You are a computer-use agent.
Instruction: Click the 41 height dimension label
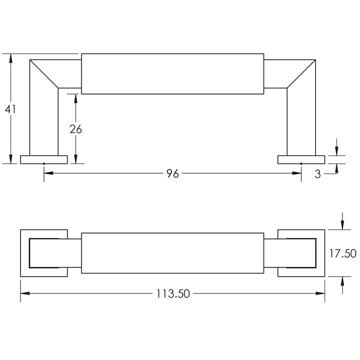10,109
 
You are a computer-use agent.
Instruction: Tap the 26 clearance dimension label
76,129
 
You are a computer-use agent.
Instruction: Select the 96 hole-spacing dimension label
172,174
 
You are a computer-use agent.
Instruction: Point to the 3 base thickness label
318,174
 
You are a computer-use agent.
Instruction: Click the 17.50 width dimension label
342,253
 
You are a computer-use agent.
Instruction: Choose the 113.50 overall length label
173,293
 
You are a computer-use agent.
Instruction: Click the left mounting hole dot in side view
44,163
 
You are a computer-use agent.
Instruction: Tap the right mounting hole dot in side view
301,163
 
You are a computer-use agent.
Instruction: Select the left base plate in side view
44,159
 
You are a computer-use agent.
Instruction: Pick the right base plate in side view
301,159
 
